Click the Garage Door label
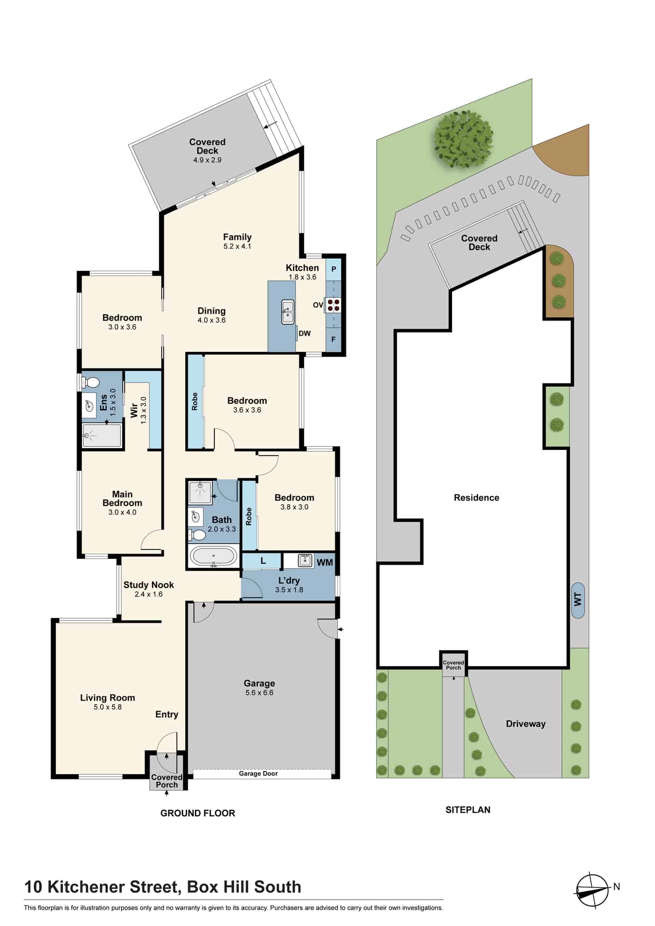(x=258, y=774)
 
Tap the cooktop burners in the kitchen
(x=334, y=304)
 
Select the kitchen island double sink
(x=288, y=312)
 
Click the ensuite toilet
(x=90, y=382)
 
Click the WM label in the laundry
(x=325, y=563)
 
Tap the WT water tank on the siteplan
(x=578, y=600)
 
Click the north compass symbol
(x=592, y=890)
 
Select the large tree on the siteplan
(x=463, y=138)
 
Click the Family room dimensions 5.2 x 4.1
(x=237, y=246)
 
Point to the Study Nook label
(x=149, y=585)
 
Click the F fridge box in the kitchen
(x=334, y=339)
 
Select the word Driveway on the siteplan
(x=526, y=724)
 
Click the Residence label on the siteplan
(x=477, y=498)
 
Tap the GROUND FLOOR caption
(x=198, y=813)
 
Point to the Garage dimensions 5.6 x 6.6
(x=259, y=693)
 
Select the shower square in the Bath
(x=200, y=493)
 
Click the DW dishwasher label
(x=304, y=333)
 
